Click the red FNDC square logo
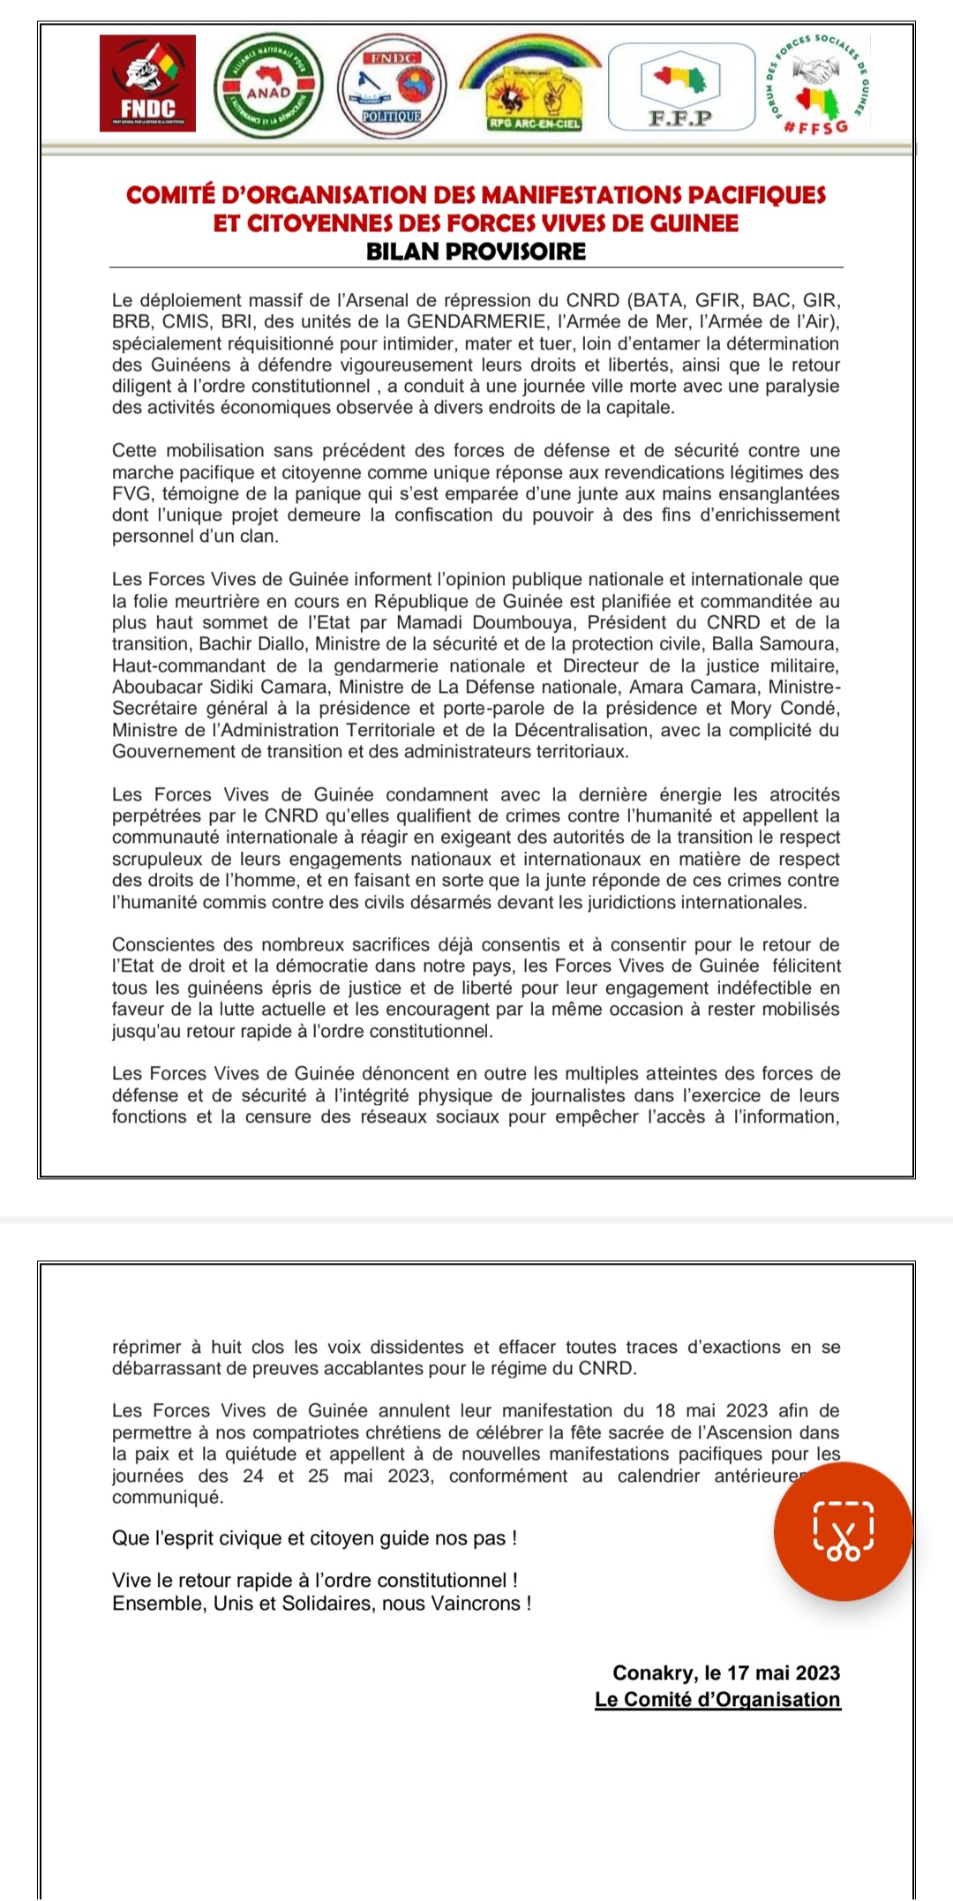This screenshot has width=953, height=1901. (147, 84)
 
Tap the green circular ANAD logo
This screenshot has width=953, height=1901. (268, 87)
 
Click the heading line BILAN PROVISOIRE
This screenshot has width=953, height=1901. (476, 252)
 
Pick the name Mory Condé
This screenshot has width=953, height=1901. (791, 708)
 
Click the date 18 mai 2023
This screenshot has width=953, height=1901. (711, 1410)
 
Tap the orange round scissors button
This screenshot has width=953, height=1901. (843, 1531)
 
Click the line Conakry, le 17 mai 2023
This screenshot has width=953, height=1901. (726, 1672)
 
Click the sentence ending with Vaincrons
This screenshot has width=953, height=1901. (321, 1603)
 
